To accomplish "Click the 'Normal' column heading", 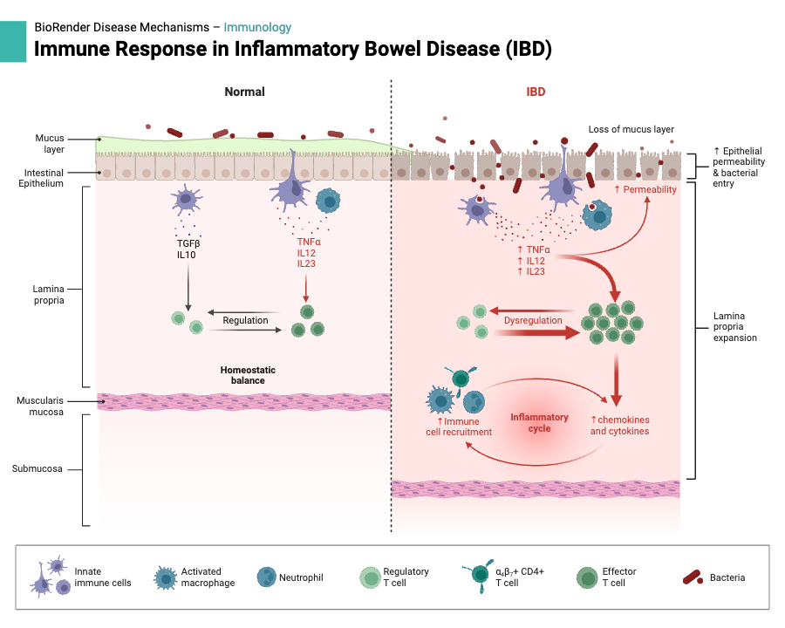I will pyautogui.click(x=244, y=92).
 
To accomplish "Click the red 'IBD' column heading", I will pyautogui.click(x=536, y=92).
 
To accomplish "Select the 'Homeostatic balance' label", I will pyautogui.click(x=242, y=375).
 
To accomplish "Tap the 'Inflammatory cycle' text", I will pyautogui.click(x=539, y=423).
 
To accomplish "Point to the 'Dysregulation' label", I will pyautogui.click(x=533, y=320).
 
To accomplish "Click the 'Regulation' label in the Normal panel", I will pyautogui.click(x=245, y=320).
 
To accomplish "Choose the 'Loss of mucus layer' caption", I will pyautogui.click(x=631, y=129).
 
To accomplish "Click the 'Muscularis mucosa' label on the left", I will pyautogui.click(x=40, y=406).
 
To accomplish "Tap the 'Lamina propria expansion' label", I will pyautogui.click(x=735, y=326).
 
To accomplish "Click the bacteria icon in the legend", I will pyautogui.click(x=693, y=577).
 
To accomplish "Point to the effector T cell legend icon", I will pyautogui.click(x=589, y=577).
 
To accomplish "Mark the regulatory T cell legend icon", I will pyautogui.click(x=370, y=577).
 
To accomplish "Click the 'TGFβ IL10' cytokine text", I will pyautogui.click(x=188, y=249).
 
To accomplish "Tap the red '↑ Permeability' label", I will pyautogui.click(x=645, y=189).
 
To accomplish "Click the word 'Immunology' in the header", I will pyautogui.click(x=257, y=28).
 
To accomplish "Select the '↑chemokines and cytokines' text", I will pyautogui.click(x=619, y=425).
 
